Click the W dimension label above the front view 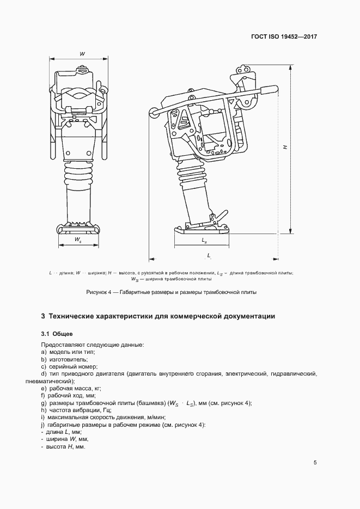(81, 53)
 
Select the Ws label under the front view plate (78, 240)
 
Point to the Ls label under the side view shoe (204, 240)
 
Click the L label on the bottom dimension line (209, 255)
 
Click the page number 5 (315, 463)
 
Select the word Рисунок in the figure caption (98, 292)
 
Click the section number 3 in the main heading (43, 316)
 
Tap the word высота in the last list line (57, 446)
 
